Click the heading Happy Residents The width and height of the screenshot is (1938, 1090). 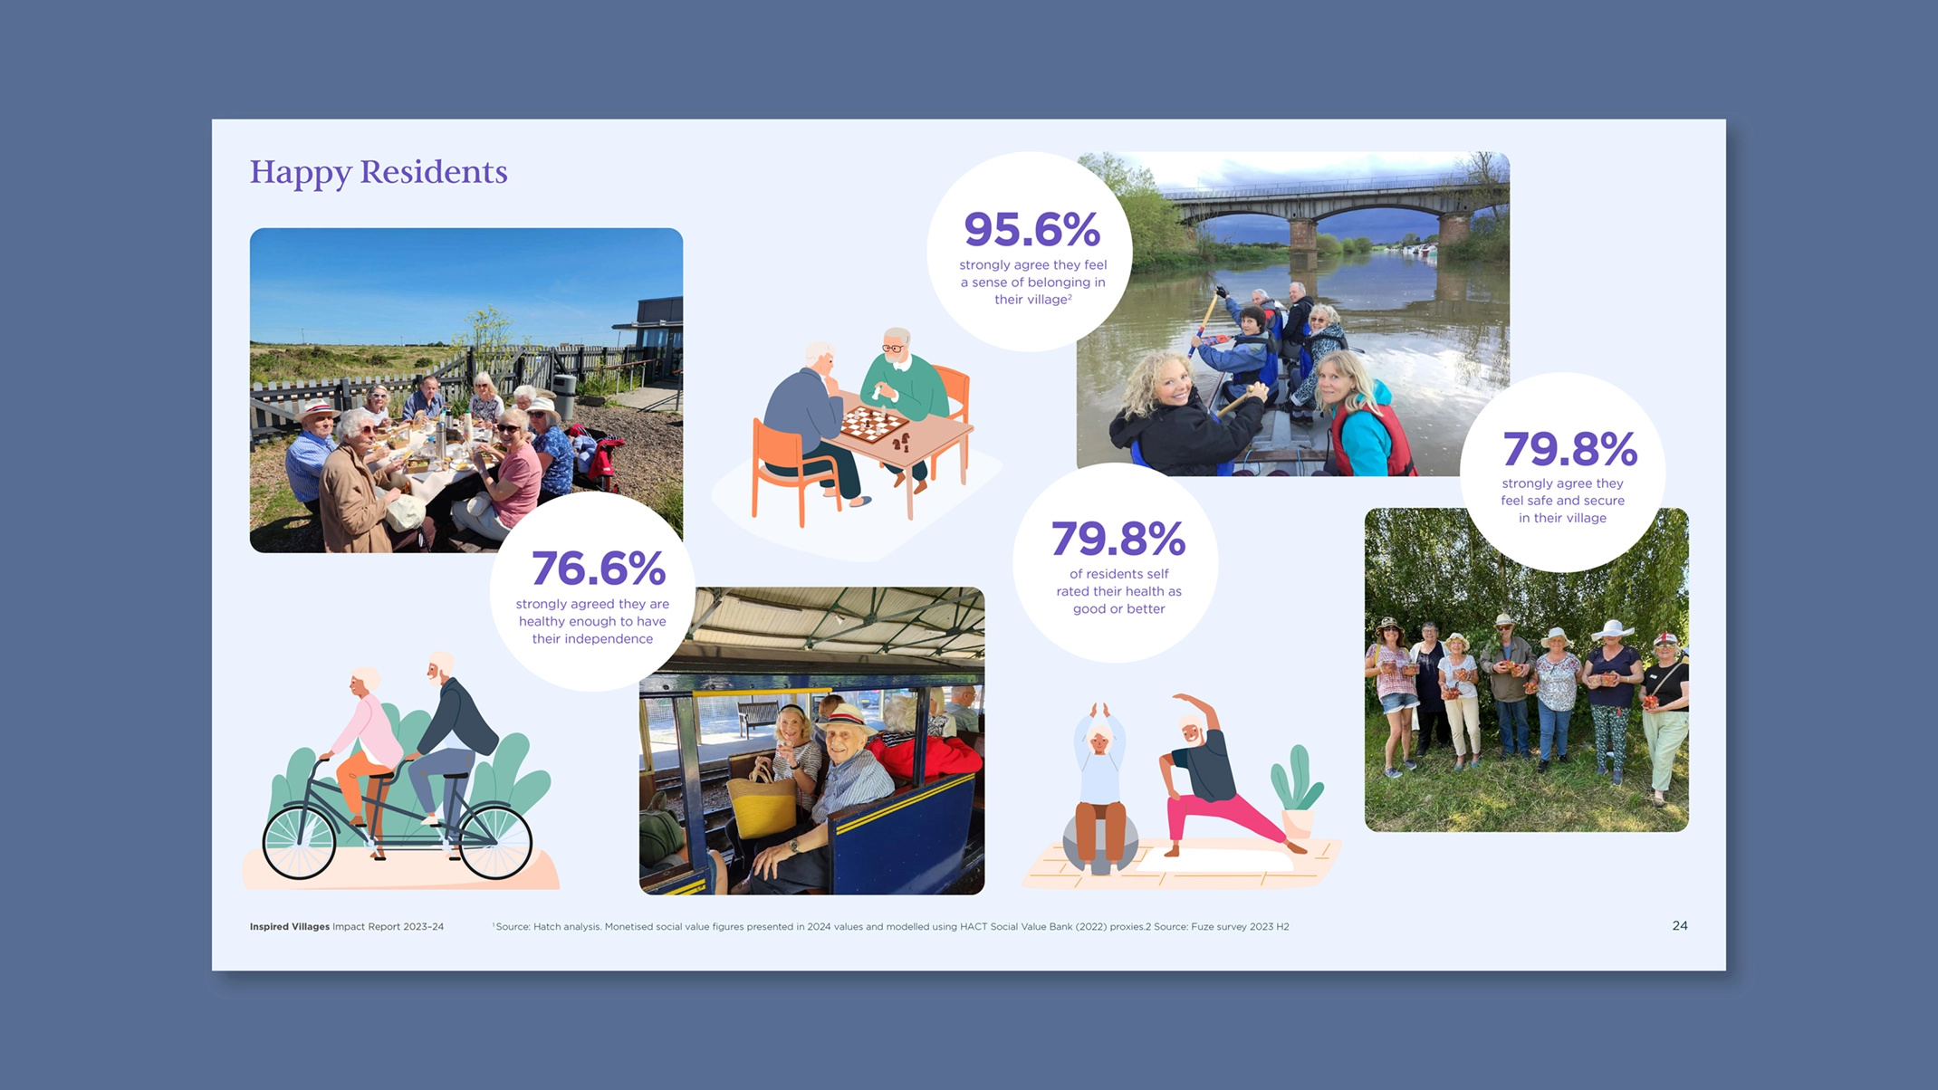pos(379,172)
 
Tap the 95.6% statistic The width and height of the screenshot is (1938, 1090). pos(1031,229)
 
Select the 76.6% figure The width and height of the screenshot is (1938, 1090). pos(599,569)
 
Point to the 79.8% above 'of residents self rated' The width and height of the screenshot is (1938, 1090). pos(1118,539)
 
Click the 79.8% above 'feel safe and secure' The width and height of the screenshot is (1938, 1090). pos(1569,448)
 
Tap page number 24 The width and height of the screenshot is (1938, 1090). pos(1680,925)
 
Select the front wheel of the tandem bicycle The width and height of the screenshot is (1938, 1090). pos(495,841)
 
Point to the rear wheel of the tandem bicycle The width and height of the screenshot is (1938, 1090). pos(299,841)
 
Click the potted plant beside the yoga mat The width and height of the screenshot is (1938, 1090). pos(1298,792)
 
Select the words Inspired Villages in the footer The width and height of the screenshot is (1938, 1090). pos(290,926)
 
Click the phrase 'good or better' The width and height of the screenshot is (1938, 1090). pos(1118,609)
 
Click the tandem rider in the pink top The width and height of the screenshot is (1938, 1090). pos(367,742)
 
